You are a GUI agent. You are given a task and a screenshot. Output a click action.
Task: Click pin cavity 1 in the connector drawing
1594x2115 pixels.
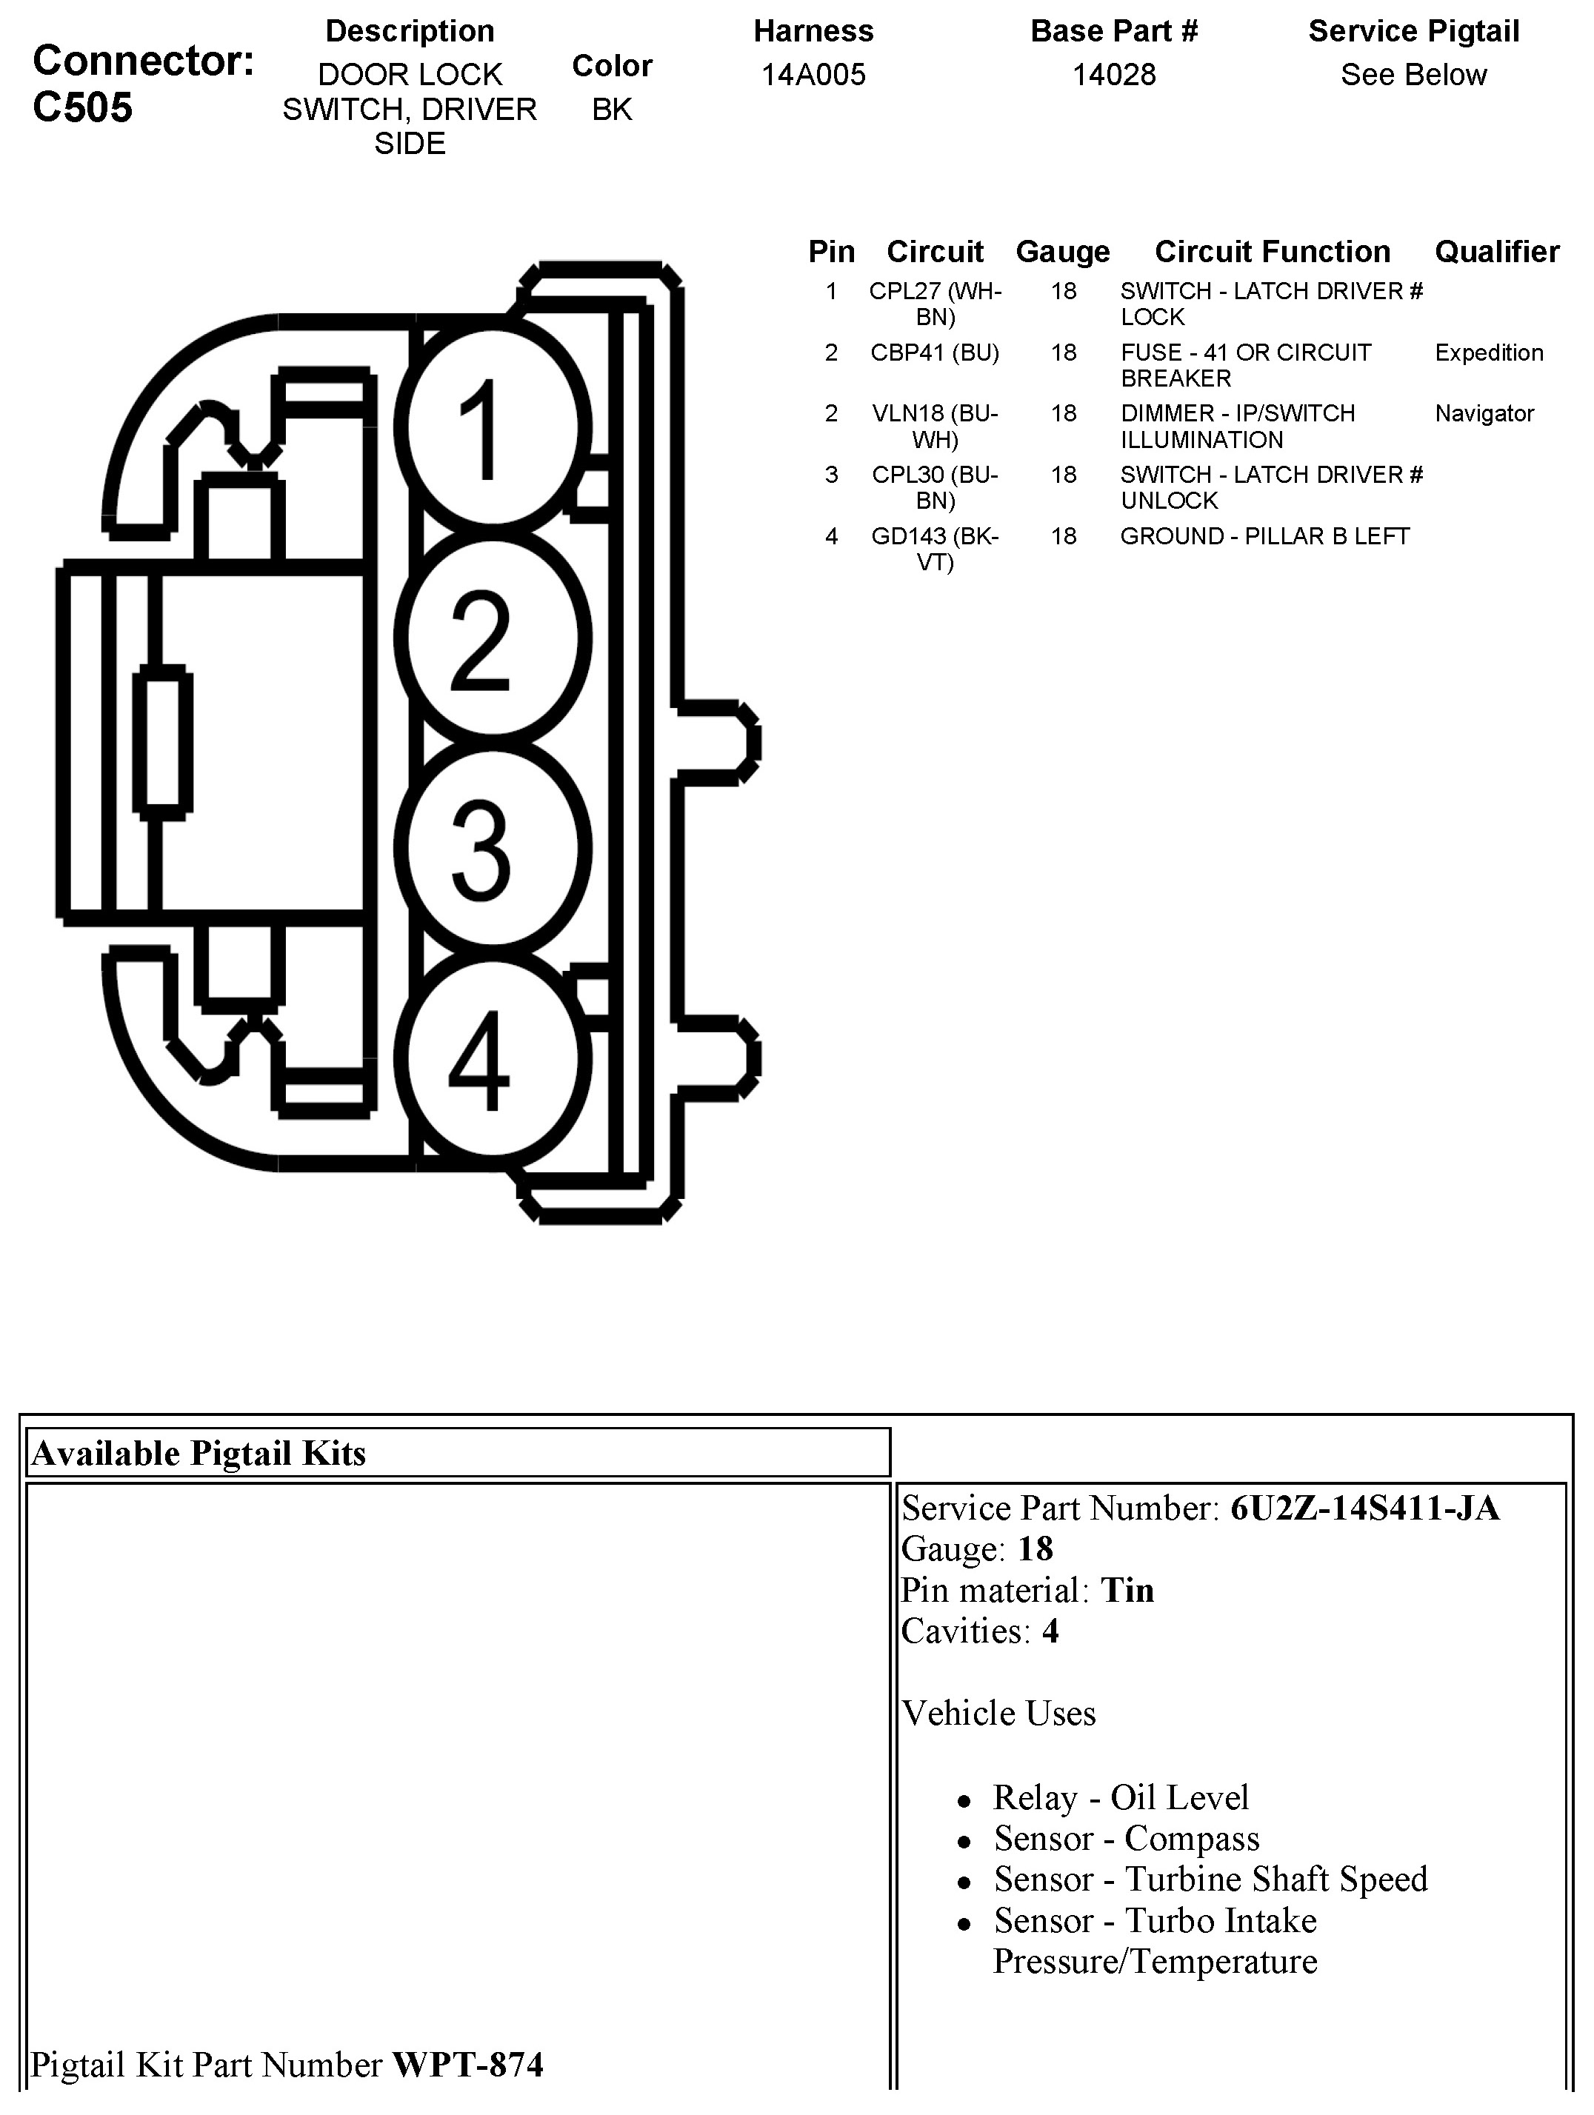click(x=493, y=427)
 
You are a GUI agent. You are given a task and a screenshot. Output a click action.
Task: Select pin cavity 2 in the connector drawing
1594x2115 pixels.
click(x=493, y=638)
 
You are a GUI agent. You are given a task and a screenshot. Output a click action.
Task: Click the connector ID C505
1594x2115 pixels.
click(x=83, y=107)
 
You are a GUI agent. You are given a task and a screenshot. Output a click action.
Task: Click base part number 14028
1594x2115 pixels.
click(x=1114, y=75)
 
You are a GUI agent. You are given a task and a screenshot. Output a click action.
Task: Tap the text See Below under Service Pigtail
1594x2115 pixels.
click(x=1413, y=75)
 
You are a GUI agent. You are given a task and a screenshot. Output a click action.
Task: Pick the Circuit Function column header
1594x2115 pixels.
click(x=1272, y=252)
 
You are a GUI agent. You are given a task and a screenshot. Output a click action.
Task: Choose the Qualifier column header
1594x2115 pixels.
click(x=1496, y=252)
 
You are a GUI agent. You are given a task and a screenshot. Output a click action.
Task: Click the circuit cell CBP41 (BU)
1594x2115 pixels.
click(x=934, y=352)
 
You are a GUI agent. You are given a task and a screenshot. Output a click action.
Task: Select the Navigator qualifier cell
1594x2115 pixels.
click(x=1484, y=414)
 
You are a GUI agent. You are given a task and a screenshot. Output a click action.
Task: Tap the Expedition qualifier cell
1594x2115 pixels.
click(x=1489, y=352)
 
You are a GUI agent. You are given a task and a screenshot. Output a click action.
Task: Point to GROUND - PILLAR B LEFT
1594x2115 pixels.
click(x=1264, y=536)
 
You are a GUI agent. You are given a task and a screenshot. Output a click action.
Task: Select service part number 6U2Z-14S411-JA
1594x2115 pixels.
click(x=1364, y=1508)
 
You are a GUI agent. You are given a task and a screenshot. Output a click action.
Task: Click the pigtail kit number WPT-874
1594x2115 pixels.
click(x=467, y=2065)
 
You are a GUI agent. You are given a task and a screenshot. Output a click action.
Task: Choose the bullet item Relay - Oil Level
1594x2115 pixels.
click(x=1121, y=1797)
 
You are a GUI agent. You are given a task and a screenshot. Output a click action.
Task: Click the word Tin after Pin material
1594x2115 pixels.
click(x=1127, y=1590)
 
